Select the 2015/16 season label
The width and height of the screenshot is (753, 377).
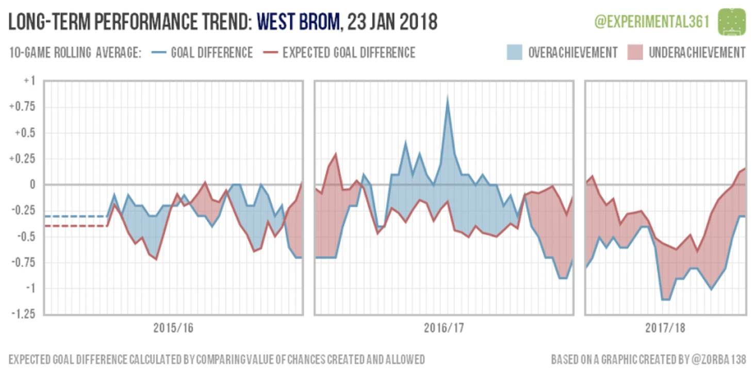[173, 328]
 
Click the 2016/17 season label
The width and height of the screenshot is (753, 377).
[444, 328]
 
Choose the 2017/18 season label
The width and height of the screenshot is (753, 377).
[665, 328]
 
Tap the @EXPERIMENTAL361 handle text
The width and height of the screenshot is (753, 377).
[652, 22]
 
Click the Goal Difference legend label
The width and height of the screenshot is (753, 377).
[211, 53]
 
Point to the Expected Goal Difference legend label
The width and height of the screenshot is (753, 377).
[349, 53]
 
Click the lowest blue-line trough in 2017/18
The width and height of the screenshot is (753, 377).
[665, 299]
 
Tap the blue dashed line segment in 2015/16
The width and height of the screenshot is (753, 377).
[75, 216]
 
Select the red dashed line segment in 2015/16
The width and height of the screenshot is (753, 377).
[75, 226]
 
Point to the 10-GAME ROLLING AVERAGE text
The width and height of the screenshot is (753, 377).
[75, 53]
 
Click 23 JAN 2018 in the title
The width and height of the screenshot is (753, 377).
[392, 22]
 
